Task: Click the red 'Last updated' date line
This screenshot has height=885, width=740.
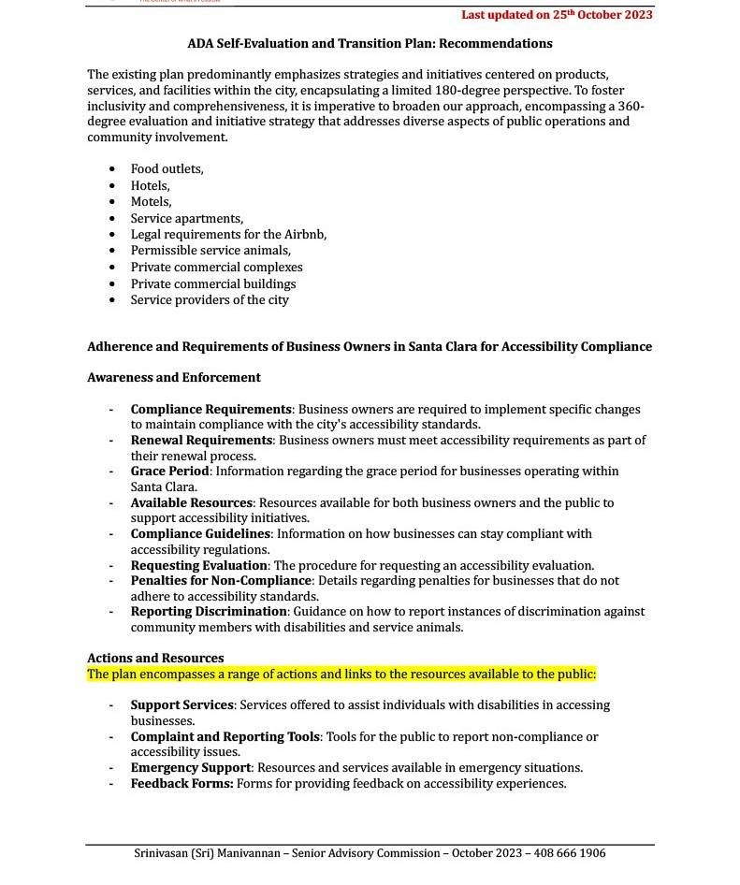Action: [x=557, y=15]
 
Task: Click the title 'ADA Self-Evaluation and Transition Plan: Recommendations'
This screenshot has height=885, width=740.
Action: [x=370, y=44]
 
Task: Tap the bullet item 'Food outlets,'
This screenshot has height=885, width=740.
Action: [x=167, y=169]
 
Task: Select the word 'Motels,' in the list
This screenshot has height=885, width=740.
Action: [x=151, y=202]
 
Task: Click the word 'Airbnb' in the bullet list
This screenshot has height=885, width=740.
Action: [x=305, y=235]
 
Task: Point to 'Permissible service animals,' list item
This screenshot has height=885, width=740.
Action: [x=210, y=251]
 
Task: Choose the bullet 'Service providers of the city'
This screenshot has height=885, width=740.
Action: [x=210, y=300]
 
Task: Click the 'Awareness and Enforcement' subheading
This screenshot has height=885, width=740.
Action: [x=174, y=378]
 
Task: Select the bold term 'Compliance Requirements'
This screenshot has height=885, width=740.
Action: [x=210, y=410]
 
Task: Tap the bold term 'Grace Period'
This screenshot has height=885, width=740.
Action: [x=169, y=472]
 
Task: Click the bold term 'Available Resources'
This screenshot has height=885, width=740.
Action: [x=191, y=503]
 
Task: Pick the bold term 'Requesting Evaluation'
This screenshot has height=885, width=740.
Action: [x=198, y=566]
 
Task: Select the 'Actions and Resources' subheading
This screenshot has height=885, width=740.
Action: [x=155, y=659]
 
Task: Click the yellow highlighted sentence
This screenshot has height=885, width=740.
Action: [x=341, y=675]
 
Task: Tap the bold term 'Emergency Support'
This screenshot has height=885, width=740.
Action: [x=190, y=768]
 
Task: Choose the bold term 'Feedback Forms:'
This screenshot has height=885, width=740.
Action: [x=181, y=784]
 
